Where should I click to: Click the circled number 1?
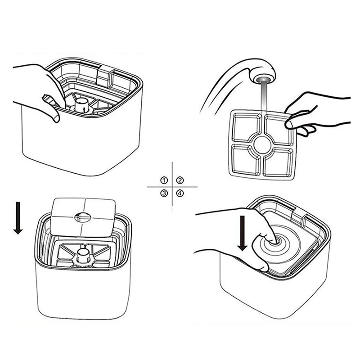click(164, 180)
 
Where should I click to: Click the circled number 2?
click(180, 180)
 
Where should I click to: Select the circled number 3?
click(164, 193)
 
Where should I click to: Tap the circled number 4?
click(180, 193)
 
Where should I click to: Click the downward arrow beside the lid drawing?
click(18, 218)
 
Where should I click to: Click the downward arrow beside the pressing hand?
click(242, 233)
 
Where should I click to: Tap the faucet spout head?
click(264, 76)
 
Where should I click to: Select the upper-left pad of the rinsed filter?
click(246, 128)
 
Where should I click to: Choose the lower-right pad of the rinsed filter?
click(278, 163)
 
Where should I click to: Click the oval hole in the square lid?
click(83, 217)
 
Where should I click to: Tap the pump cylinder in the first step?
click(82, 105)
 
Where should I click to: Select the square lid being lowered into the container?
click(83, 217)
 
